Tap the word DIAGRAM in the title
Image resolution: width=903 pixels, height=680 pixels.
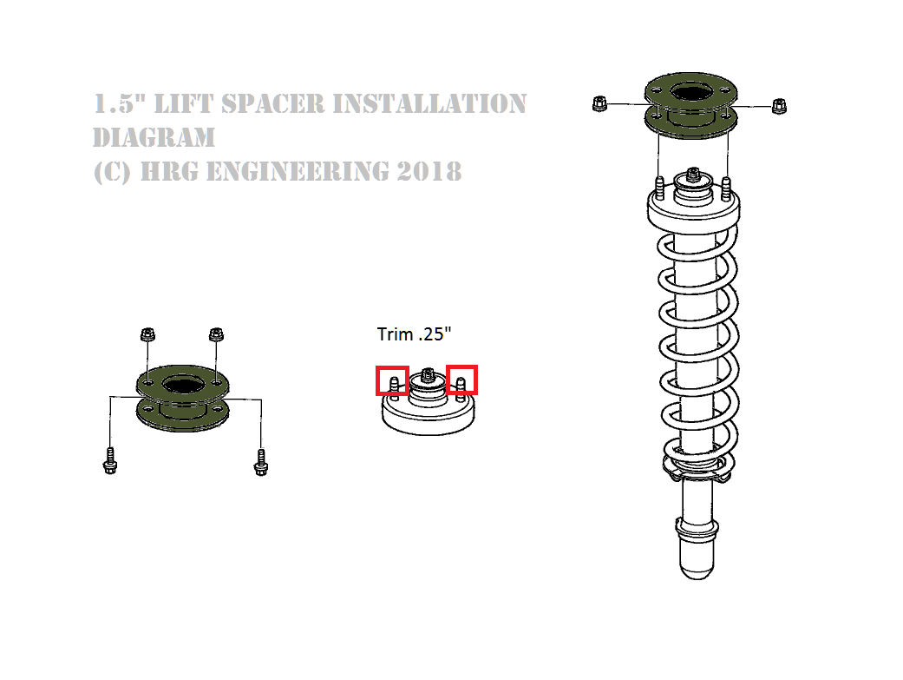[x=154, y=137]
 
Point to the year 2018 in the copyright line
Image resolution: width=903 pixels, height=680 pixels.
[x=429, y=171]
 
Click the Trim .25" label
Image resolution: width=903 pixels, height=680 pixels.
[x=415, y=333]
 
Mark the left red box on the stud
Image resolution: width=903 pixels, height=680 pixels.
[x=392, y=380]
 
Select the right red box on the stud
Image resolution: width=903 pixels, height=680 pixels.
[x=461, y=380]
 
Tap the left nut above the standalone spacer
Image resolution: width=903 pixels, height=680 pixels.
[x=147, y=334]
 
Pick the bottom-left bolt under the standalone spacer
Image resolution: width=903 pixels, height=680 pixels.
[x=109, y=460]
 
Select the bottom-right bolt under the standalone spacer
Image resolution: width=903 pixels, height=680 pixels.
[x=259, y=461]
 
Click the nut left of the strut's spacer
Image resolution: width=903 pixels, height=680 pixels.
[x=598, y=103]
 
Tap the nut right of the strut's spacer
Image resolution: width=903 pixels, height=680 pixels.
[x=778, y=105]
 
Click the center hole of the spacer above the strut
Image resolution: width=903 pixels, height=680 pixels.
[x=690, y=91]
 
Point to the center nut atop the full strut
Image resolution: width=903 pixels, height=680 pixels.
[x=694, y=175]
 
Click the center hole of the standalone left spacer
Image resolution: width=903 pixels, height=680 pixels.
[x=180, y=386]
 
